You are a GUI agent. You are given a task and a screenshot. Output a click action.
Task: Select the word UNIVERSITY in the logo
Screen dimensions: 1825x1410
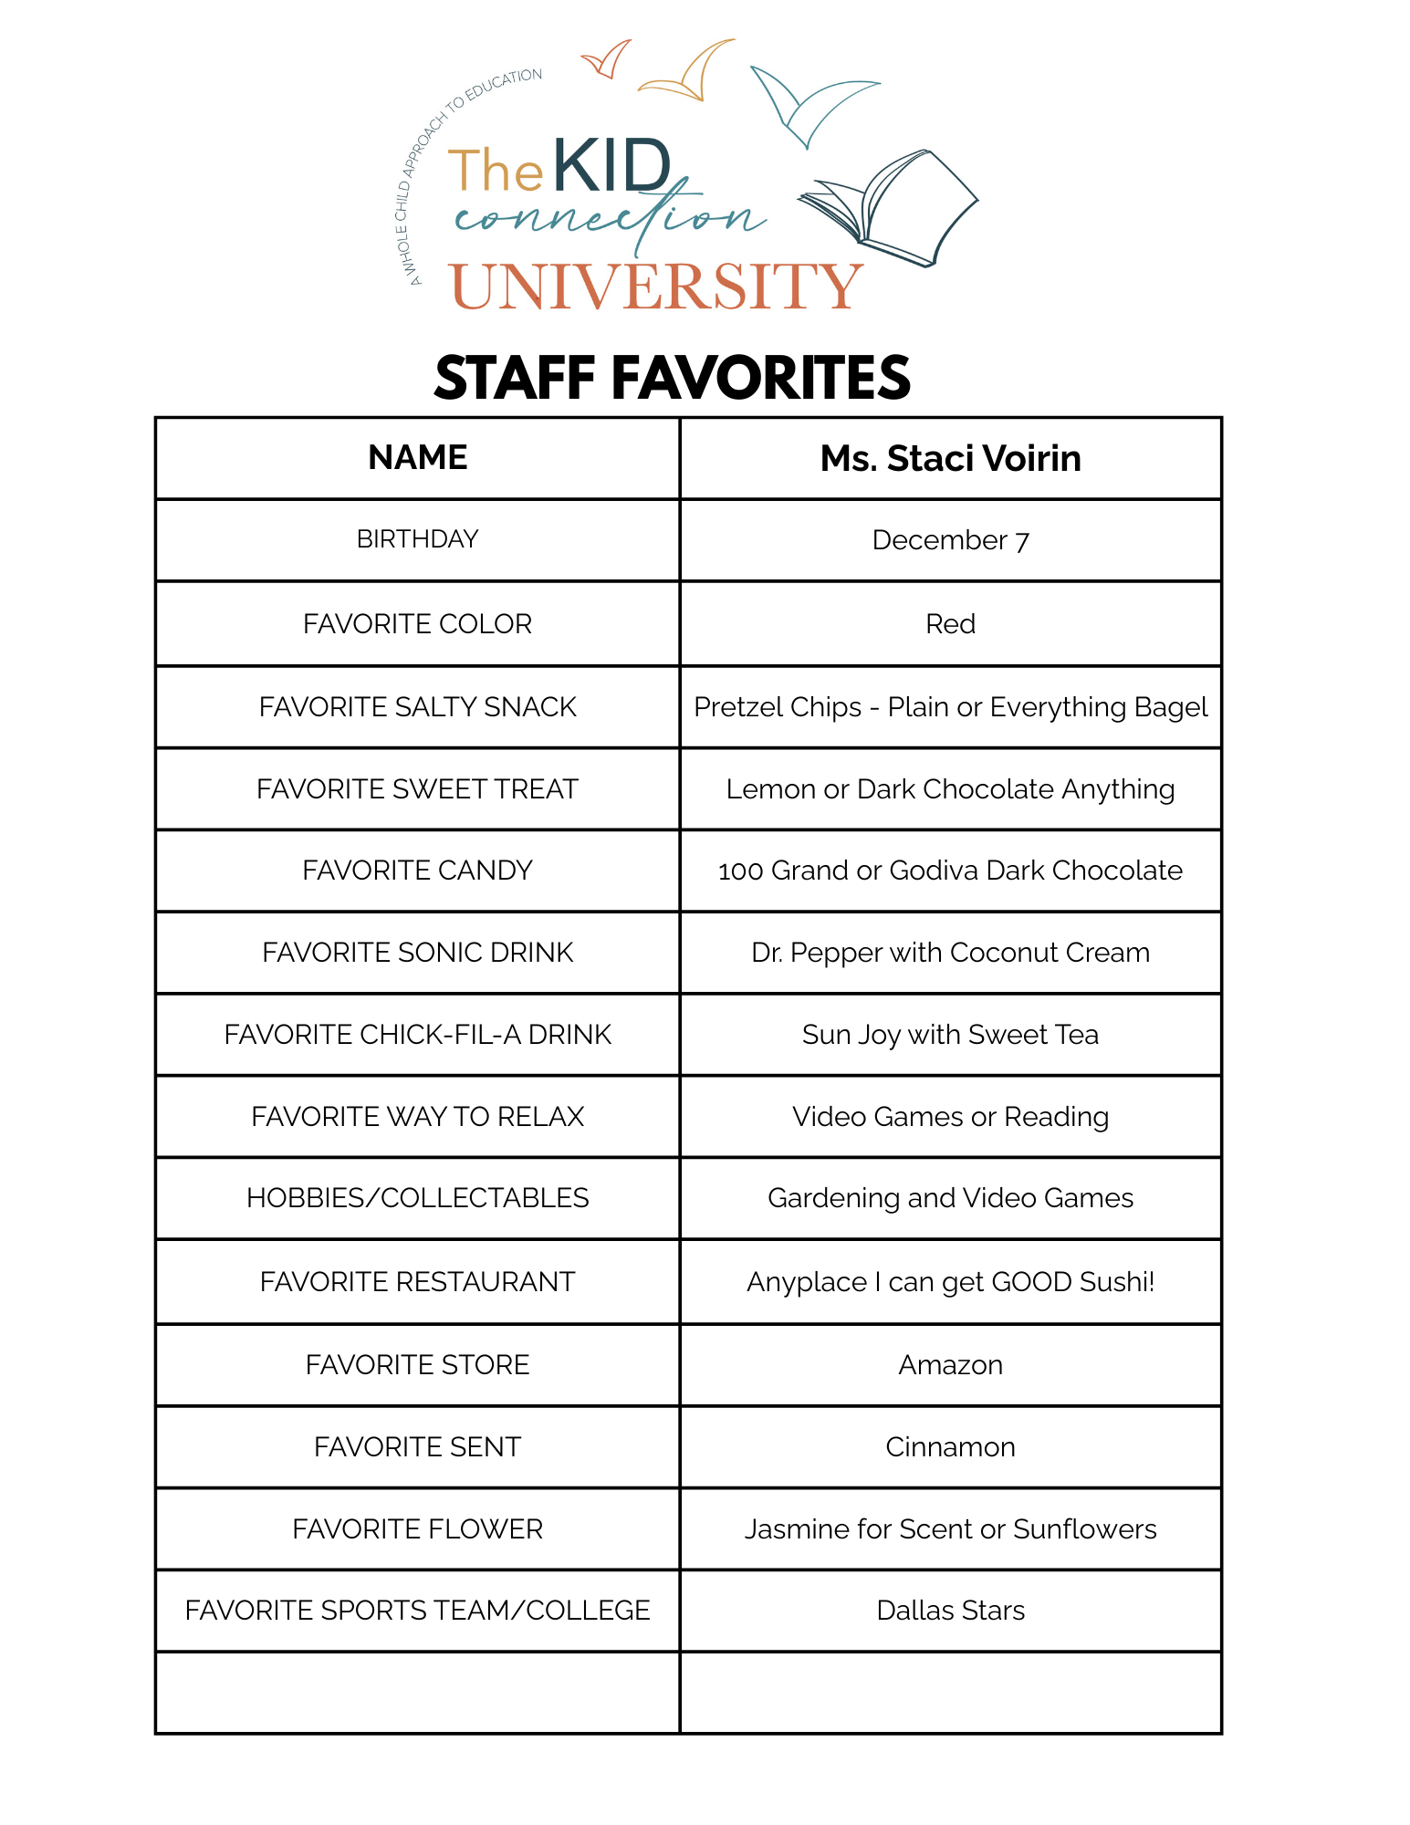coord(656,287)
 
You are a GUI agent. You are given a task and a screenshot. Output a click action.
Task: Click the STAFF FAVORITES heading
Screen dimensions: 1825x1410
coord(672,378)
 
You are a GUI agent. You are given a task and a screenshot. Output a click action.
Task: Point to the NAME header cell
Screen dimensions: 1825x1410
coord(417,458)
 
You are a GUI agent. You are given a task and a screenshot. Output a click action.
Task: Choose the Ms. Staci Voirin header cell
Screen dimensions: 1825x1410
coord(950,458)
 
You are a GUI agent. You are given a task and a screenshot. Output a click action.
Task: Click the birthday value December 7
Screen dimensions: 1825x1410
coord(950,540)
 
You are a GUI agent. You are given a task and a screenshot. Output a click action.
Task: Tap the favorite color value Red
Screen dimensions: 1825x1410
coord(950,624)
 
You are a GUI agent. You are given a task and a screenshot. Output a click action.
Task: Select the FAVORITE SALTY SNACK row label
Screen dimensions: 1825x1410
coord(417,707)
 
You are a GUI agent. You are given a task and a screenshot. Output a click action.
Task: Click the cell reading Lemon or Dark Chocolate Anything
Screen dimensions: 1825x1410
coord(950,789)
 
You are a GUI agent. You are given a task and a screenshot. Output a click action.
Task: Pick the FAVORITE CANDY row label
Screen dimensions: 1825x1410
coord(417,871)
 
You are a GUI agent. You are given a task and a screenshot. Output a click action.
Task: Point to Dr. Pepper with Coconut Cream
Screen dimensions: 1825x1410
coord(950,953)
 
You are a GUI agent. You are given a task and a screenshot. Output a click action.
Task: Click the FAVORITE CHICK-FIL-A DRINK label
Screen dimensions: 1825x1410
coord(417,1035)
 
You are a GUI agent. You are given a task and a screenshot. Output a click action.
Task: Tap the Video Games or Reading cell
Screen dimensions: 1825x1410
coord(950,1117)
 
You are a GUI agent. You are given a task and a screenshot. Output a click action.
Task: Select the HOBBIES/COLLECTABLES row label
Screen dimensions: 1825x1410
coord(417,1198)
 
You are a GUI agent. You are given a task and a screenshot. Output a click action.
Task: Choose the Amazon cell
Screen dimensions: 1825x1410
coord(950,1365)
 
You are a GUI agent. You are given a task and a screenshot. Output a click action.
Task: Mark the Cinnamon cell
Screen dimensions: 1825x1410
coord(950,1447)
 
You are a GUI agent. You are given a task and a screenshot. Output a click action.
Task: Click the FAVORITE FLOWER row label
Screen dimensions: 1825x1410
coord(417,1529)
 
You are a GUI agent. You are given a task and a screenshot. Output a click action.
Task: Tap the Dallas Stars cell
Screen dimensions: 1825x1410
coord(950,1611)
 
